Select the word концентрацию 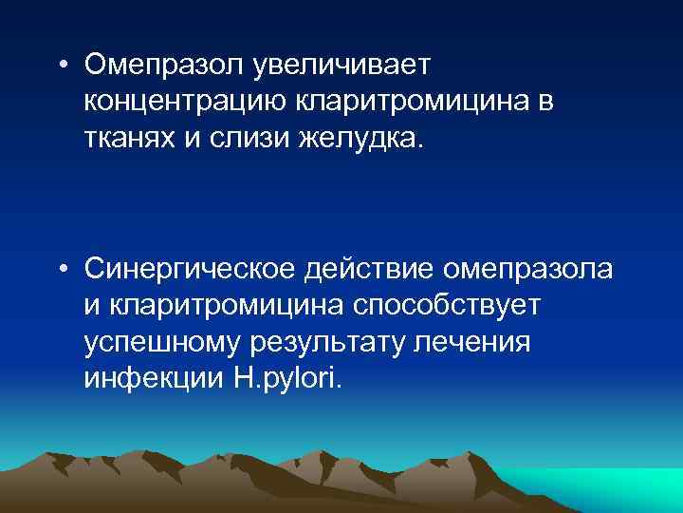click(x=187, y=99)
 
